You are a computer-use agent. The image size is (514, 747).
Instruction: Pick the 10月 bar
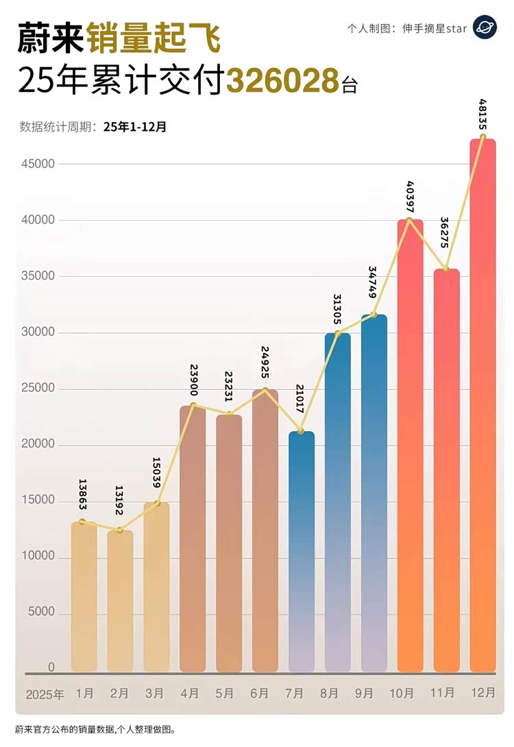pos(410,445)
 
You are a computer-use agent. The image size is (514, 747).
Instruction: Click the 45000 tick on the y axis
pos(38,164)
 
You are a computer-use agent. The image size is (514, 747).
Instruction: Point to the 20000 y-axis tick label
pos(38,445)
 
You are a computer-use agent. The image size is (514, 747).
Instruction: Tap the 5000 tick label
pos(40,613)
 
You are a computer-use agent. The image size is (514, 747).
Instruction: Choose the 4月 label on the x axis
pos(193,693)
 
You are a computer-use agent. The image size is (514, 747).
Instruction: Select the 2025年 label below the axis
pos(45,694)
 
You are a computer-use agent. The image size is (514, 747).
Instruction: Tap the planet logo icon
pos(485,27)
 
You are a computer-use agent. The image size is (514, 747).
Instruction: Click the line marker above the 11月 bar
pos(446,269)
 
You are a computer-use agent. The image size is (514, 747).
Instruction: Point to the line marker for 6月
pos(265,391)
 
